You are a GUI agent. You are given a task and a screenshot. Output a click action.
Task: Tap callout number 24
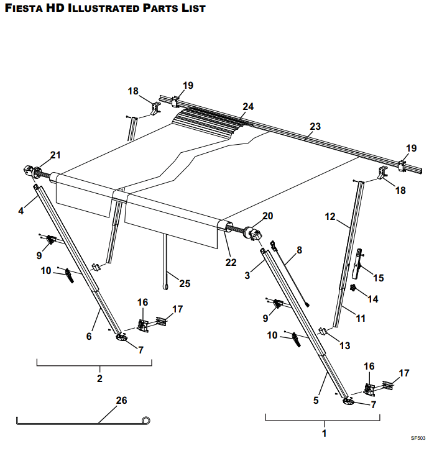[x=248, y=106]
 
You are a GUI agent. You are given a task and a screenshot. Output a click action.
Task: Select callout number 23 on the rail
[x=315, y=127]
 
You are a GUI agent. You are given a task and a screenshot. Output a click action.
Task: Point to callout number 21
[x=56, y=155]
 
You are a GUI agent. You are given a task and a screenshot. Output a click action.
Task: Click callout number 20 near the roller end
[x=268, y=216]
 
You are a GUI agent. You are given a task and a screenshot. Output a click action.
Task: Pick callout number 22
[x=231, y=262]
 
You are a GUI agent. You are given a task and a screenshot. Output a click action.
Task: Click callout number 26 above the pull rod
[x=122, y=401]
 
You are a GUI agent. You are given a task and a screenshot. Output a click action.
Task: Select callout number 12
[x=330, y=217]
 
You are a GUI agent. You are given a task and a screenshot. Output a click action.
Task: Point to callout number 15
[x=378, y=277]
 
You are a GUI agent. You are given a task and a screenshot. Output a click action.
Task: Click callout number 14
[x=372, y=299]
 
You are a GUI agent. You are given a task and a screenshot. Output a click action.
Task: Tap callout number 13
[x=345, y=345]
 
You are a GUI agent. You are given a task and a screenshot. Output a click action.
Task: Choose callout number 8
[x=299, y=250]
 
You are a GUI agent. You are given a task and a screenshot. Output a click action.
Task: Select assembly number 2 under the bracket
[x=99, y=378]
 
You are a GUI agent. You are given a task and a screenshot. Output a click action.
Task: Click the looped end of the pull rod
[x=147, y=421]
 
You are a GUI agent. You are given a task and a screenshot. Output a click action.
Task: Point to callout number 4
[x=21, y=211]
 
